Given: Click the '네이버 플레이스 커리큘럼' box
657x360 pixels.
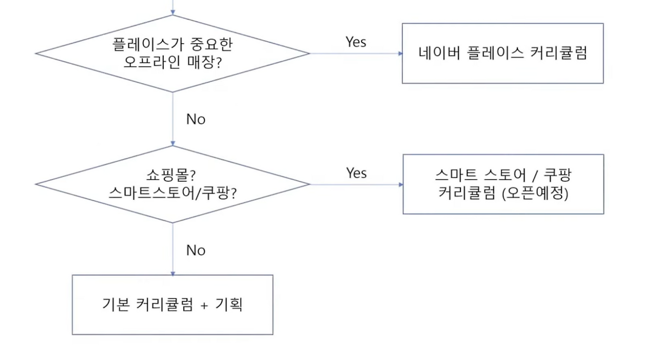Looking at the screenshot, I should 503,53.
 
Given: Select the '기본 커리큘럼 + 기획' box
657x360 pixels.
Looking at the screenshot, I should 172,305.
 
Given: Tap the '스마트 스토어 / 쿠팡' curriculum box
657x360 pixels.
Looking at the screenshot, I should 503,184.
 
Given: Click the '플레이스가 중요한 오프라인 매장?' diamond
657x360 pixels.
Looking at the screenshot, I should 172,53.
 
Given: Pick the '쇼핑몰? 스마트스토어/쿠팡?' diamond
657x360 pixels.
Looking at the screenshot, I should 172,184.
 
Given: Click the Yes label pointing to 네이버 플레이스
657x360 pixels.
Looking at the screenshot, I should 356,42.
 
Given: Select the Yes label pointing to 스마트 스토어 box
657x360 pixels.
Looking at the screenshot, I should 356,173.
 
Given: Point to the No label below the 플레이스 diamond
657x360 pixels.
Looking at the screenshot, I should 196,120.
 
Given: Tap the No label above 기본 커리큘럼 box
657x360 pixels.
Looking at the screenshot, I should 196,251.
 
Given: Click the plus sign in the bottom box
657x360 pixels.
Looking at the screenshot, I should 204,305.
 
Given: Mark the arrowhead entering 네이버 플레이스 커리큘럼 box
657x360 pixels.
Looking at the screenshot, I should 399,53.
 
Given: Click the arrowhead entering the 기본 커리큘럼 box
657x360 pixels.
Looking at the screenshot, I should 172,273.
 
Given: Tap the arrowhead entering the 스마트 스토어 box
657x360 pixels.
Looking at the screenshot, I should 400,184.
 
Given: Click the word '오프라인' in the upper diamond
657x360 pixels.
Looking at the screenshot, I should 149,62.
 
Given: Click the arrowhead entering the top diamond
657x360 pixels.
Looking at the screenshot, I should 172,12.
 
